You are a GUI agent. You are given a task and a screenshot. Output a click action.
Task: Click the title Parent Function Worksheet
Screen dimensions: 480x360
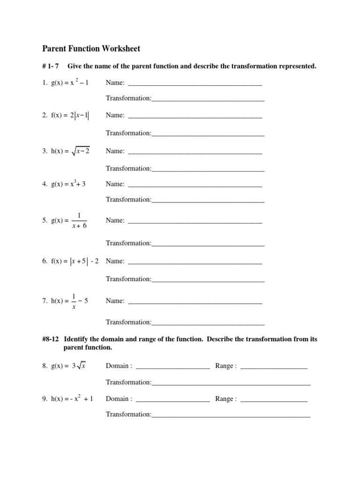91,48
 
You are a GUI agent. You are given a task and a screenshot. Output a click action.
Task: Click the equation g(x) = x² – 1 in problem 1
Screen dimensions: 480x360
70,83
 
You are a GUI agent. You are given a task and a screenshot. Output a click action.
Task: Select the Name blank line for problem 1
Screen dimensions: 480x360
195,85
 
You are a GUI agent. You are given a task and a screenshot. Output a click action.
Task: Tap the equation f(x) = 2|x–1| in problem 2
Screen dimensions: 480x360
70,115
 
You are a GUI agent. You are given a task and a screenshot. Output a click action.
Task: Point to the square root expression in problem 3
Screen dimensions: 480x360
81,151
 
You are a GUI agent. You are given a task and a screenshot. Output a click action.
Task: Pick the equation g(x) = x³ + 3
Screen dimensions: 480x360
68,184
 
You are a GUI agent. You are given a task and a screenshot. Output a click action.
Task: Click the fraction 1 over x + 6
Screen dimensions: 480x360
79,220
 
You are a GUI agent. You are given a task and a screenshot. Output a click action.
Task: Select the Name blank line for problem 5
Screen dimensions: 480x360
195,222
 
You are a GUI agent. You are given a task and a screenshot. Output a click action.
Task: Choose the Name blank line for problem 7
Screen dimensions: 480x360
195,303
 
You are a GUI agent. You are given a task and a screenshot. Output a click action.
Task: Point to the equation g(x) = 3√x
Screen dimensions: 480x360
68,366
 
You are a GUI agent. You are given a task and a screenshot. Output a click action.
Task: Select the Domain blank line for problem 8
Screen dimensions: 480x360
172,368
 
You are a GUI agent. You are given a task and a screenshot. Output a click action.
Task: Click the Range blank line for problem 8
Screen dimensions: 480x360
274,368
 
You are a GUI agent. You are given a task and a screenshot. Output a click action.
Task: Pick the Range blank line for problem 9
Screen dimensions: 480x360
274,401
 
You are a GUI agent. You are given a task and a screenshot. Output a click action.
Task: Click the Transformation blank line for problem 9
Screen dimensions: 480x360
231,416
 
